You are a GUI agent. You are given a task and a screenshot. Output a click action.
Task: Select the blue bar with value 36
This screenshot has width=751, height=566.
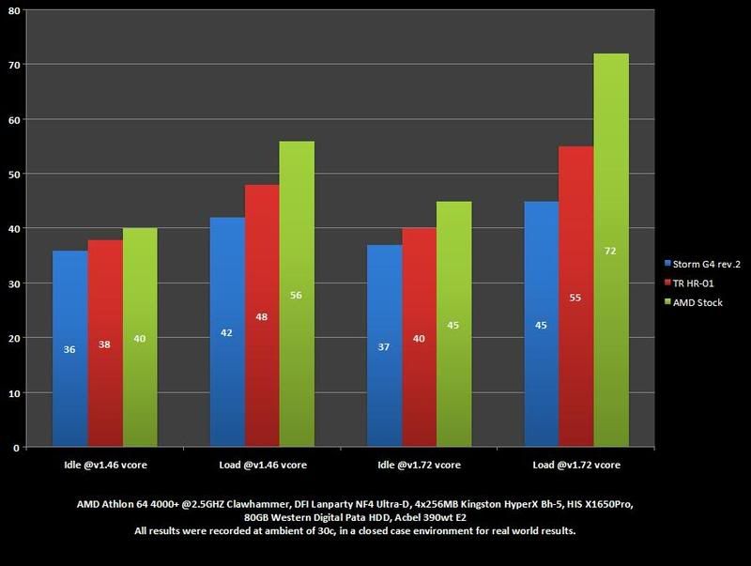[x=69, y=349]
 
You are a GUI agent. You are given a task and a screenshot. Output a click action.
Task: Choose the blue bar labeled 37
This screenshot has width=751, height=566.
[x=385, y=346]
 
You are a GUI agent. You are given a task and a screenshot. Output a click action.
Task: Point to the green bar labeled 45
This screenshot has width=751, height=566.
[x=453, y=325]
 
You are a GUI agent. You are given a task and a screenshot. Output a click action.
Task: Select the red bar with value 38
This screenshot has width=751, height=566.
[x=105, y=344]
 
